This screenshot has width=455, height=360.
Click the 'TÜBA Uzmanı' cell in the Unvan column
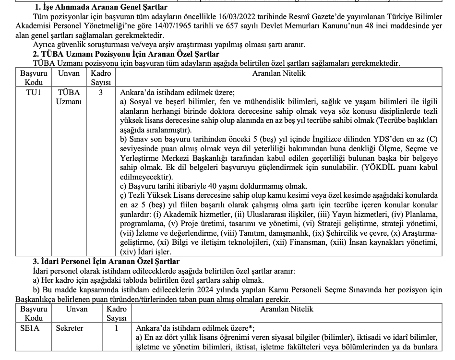[x=69, y=96]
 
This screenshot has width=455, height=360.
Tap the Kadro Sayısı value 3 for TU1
[x=101, y=92]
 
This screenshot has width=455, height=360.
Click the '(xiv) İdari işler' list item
[x=144, y=252]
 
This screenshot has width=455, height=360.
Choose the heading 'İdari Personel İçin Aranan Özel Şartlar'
[x=109, y=261]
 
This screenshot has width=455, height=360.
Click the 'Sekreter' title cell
[x=70, y=328]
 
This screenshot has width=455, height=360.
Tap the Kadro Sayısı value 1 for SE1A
[x=116, y=328]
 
